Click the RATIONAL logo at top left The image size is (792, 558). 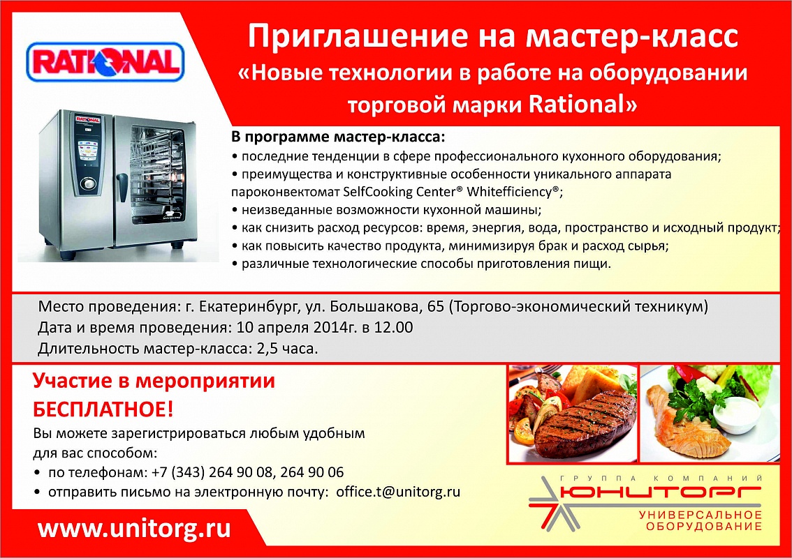tap(105, 62)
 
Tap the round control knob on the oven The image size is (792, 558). tap(89, 183)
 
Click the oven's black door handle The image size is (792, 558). tap(122, 187)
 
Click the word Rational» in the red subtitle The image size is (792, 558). tap(583, 104)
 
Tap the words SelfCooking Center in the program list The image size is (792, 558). tap(399, 192)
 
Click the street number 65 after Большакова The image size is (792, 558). tap(435, 306)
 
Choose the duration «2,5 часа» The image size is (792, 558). tap(286, 349)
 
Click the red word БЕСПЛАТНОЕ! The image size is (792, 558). tap(103, 409)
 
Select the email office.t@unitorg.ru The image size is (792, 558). tap(398, 492)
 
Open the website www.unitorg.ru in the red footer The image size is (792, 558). tap(134, 529)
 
